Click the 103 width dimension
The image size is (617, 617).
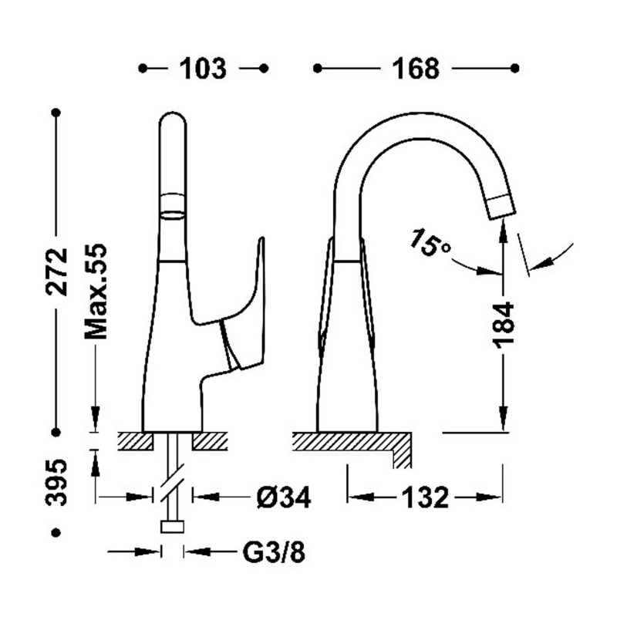pos(203,69)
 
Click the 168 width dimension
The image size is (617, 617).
pos(416,69)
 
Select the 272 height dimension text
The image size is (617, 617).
pos(56,271)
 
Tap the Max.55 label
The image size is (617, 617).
pos(96,292)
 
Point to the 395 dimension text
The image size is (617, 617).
pos(56,482)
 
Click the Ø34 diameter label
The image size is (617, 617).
pos(283,497)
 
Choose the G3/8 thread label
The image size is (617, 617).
pos(274,552)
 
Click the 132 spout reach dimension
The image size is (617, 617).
pos(425,497)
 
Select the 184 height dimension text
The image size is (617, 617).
pos(504,325)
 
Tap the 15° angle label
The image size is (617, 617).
pos(430,243)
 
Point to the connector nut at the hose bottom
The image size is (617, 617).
pos(172,527)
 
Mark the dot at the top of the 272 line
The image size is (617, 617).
pos(56,113)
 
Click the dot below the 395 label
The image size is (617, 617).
pos(56,533)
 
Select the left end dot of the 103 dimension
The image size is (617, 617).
pos(143,69)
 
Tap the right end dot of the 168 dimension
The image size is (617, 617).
pos(514,69)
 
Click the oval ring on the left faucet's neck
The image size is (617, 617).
pos(172,205)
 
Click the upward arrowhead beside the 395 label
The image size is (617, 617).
pos(95,463)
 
